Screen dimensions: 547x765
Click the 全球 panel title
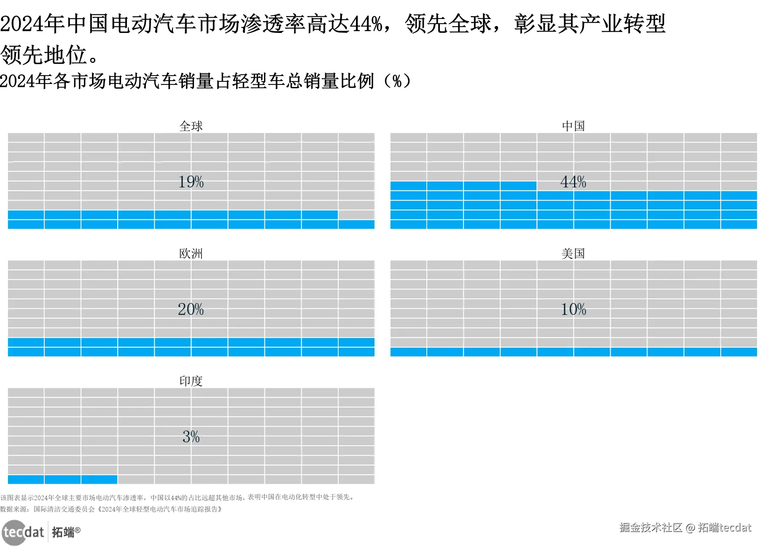pyautogui.click(x=191, y=126)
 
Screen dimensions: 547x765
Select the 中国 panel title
pyautogui.click(x=574, y=126)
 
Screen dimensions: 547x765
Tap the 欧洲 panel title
pyautogui.click(x=191, y=253)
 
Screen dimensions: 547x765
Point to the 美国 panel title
pyautogui.click(x=574, y=253)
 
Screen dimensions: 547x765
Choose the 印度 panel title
pyautogui.click(x=191, y=381)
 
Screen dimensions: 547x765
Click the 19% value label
pyautogui.click(x=191, y=182)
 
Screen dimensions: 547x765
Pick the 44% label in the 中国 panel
pyautogui.click(x=574, y=182)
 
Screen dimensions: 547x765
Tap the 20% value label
pyautogui.click(x=191, y=309)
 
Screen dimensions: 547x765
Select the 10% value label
pyautogui.click(x=574, y=309)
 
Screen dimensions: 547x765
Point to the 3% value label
pyautogui.click(x=191, y=436)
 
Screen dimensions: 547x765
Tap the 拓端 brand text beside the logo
pyautogui.click(x=63, y=532)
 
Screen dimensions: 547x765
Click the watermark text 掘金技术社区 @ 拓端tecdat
pyautogui.click(x=685, y=527)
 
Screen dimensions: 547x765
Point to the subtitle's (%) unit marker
pyautogui.click(x=397, y=81)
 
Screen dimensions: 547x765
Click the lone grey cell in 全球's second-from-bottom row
pyautogui.click(x=356, y=215)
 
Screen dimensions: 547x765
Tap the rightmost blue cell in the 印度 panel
pyautogui.click(x=99, y=479)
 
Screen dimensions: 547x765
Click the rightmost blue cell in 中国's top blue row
pyautogui.click(x=518, y=186)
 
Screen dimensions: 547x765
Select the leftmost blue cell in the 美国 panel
pyautogui.click(x=408, y=352)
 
